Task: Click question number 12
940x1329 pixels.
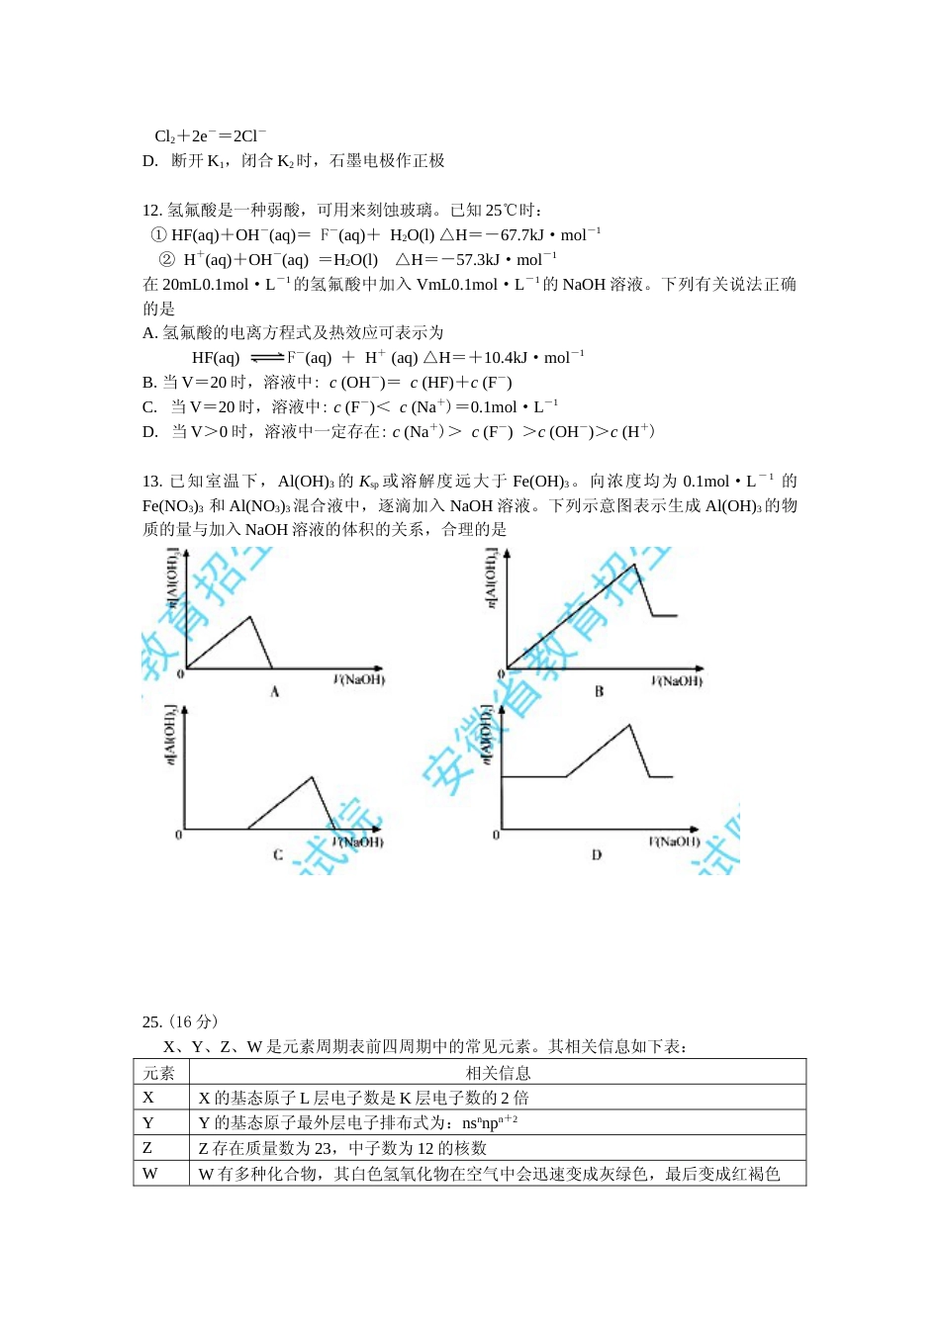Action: click(x=151, y=210)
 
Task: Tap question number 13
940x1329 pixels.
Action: click(x=151, y=482)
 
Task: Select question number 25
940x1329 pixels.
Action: click(x=151, y=1022)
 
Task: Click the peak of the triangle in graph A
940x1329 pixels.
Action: click(x=251, y=617)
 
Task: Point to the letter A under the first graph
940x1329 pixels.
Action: click(x=275, y=692)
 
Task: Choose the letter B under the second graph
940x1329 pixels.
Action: click(x=599, y=692)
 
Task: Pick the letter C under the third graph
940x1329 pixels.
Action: click(x=278, y=855)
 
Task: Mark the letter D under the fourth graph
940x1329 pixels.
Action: click(x=597, y=855)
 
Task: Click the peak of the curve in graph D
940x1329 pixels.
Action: click(x=629, y=725)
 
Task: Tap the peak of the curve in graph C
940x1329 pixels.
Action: click(x=313, y=776)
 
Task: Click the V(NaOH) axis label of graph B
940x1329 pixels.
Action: click(x=677, y=680)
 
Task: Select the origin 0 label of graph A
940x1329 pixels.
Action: click(x=180, y=674)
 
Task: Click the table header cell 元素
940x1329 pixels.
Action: click(x=159, y=1073)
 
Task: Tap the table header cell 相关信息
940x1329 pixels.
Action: click(x=498, y=1073)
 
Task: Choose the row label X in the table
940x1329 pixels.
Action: click(x=148, y=1098)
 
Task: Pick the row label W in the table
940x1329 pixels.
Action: click(x=150, y=1174)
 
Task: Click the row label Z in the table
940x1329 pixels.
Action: click(x=147, y=1148)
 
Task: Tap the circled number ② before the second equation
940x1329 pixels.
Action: click(x=166, y=260)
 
